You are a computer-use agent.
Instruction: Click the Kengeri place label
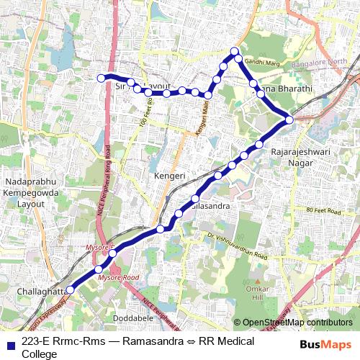[171, 176]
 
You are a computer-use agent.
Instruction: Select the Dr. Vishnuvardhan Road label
[237, 247]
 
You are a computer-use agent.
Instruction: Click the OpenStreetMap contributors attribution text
[297, 323]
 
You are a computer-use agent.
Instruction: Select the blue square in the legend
[9, 345]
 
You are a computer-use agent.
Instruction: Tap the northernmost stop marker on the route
[234, 50]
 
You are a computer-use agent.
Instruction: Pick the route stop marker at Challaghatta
[71, 290]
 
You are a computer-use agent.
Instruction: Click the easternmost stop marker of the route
[289, 120]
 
